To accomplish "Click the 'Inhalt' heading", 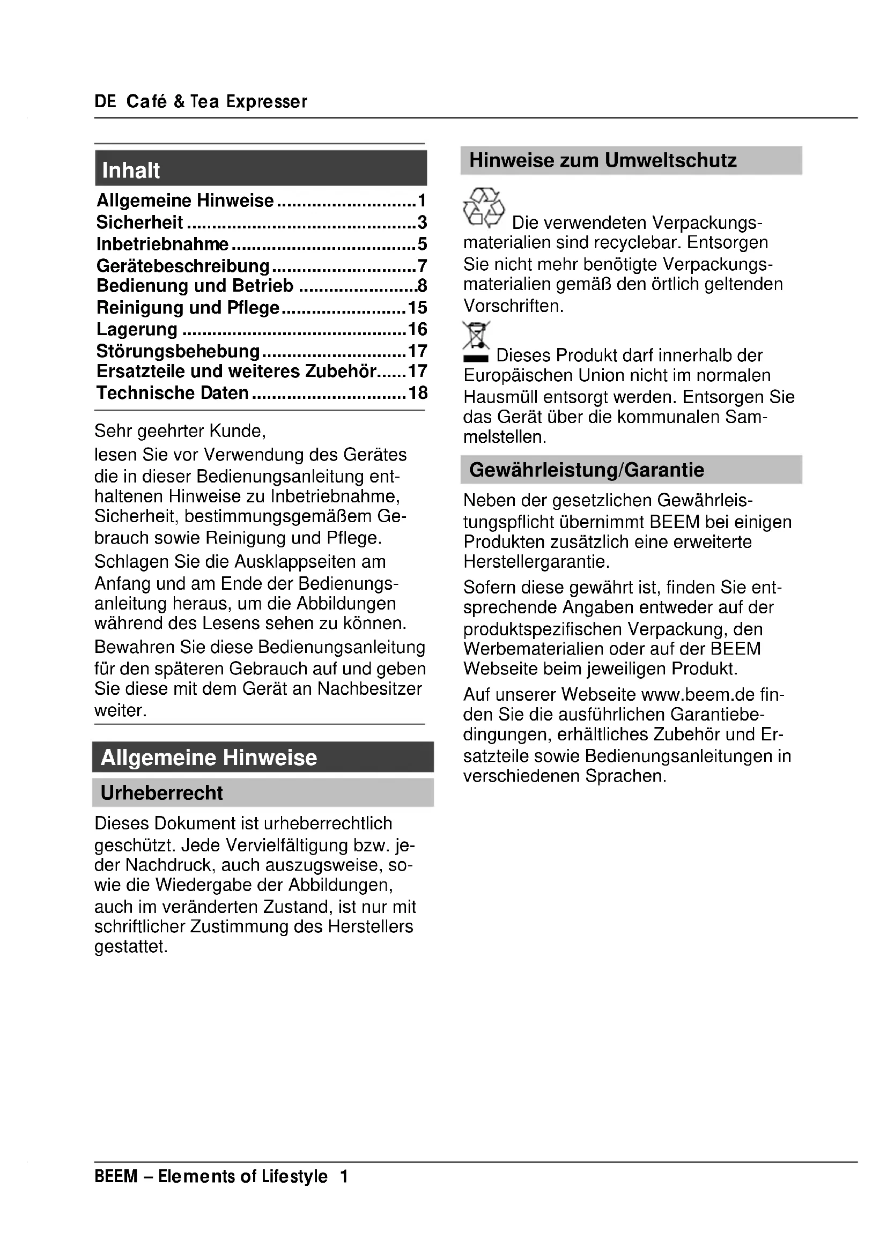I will pos(131,170).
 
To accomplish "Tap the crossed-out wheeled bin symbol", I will pos(476,337).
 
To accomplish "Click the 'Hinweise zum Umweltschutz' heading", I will pos(602,161).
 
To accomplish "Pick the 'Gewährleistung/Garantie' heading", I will pos(587,470).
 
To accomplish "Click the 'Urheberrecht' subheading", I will pos(161,792).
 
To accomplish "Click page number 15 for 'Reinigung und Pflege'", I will pos(417,308).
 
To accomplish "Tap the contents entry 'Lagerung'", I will pos(137,329).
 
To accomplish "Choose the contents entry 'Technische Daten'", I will pos(173,392).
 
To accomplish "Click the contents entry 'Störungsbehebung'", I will pos(178,351).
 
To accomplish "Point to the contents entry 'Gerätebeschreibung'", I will pos(183,266).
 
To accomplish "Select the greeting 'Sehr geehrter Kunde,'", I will pos(180,431).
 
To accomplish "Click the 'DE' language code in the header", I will pos(106,101).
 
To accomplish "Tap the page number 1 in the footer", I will pos(344,1176).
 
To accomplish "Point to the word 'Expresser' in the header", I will pos(267,101).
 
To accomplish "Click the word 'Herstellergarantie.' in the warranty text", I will pos(536,561).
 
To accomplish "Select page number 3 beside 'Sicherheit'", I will pos(422,222).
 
